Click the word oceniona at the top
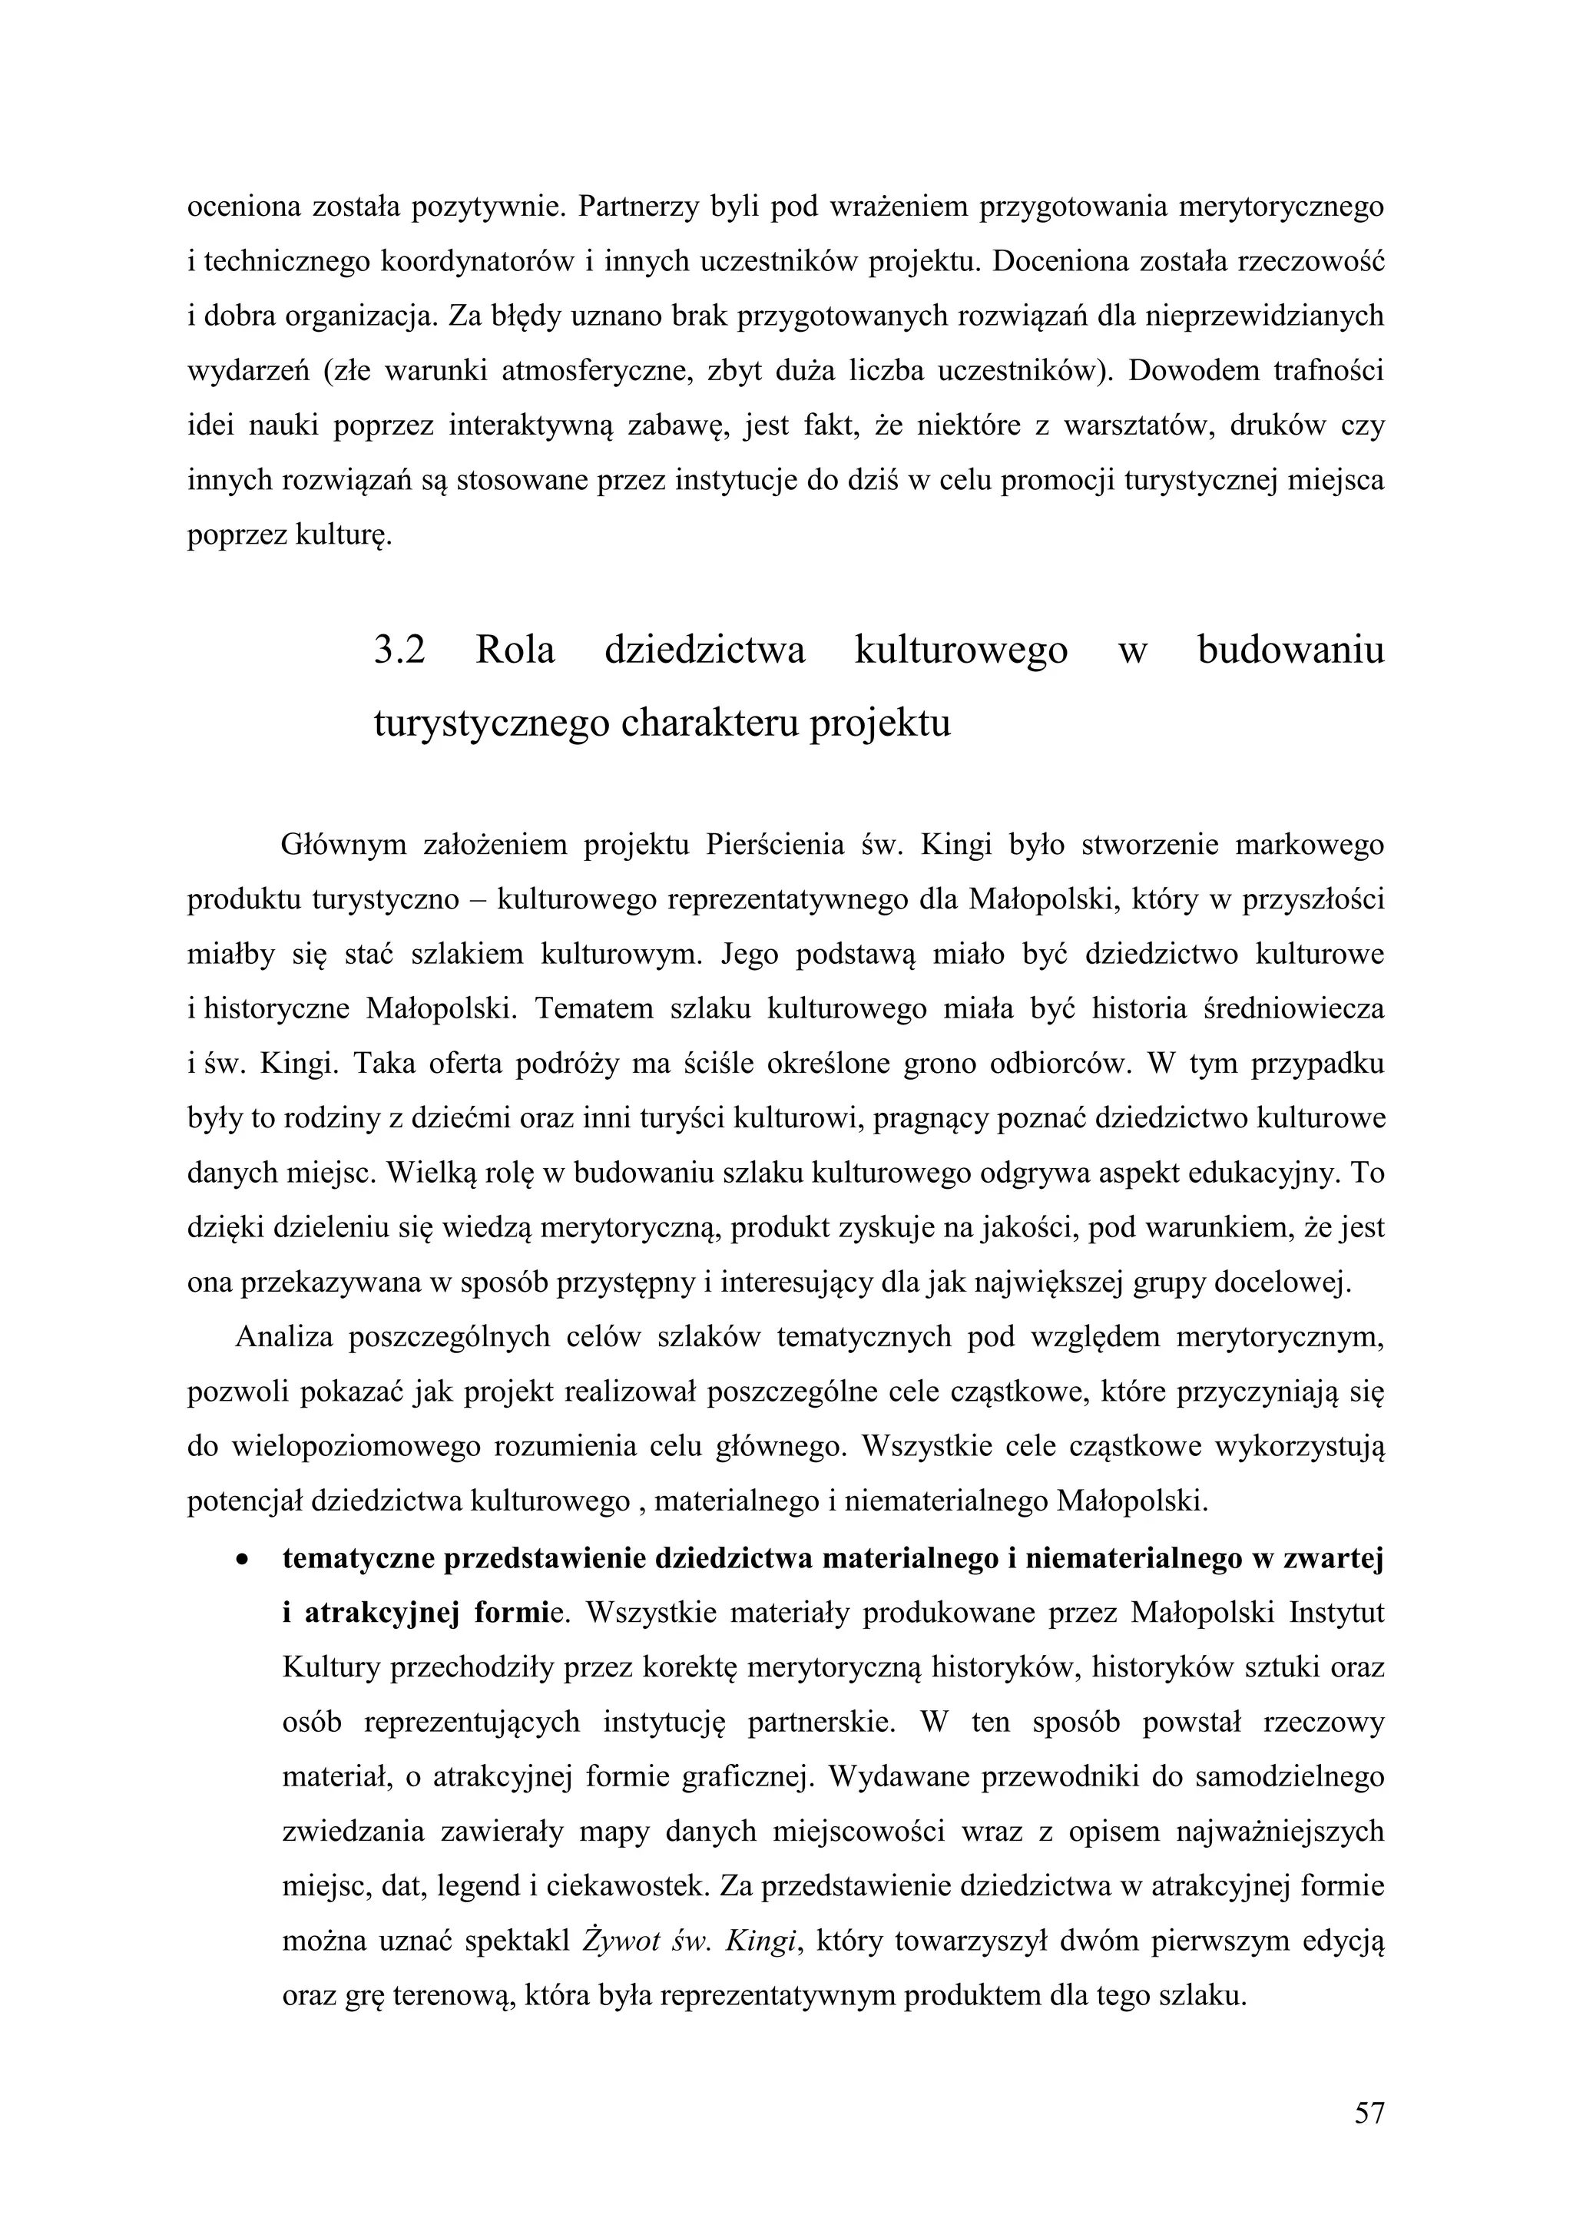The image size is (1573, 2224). pyautogui.click(x=242, y=207)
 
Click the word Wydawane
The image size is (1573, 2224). pyautogui.click(x=890, y=1778)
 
